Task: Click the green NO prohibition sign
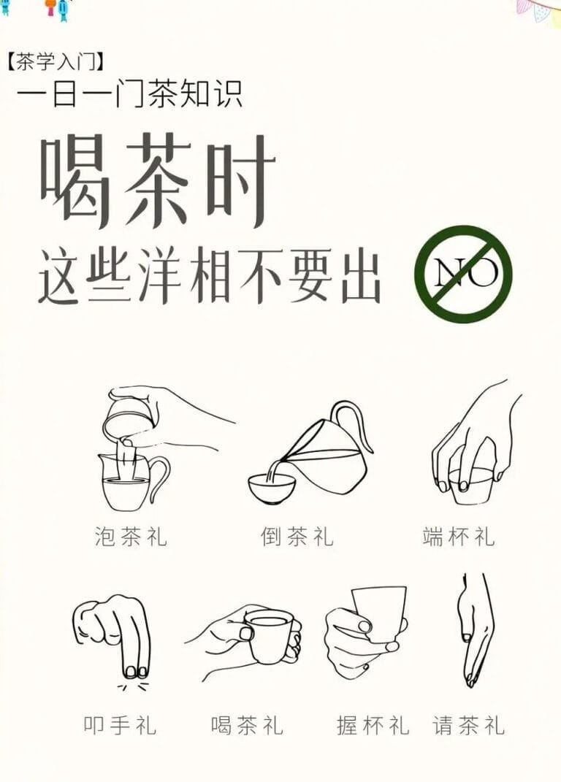[463, 274]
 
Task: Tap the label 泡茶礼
[131, 537]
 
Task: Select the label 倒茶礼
[297, 537]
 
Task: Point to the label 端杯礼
[459, 537]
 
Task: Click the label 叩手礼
[119, 725]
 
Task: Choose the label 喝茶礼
[247, 725]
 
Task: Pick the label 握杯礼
[373, 725]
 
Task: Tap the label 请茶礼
[468, 725]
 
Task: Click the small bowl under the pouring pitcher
[272, 487]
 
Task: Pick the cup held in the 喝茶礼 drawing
[268, 635]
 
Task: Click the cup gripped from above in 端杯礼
[467, 486]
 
